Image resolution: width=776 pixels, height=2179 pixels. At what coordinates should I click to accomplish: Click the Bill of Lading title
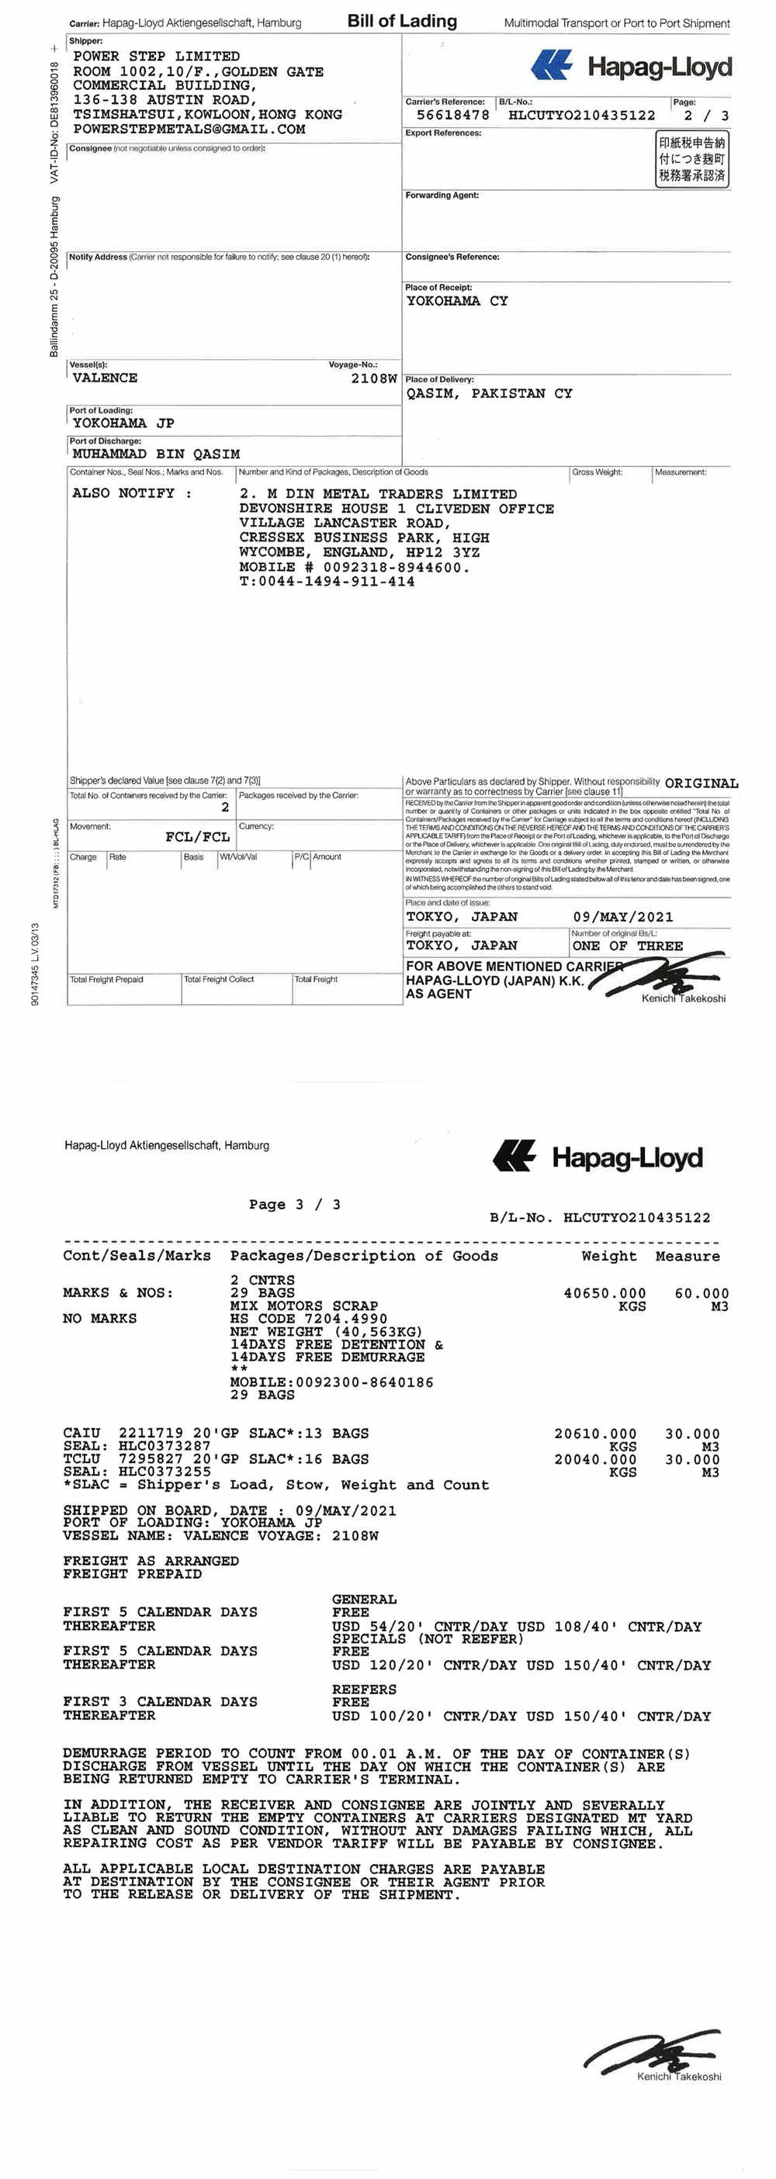(x=402, y=21)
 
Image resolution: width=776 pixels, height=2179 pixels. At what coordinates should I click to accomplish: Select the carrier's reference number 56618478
(x=452, y=115)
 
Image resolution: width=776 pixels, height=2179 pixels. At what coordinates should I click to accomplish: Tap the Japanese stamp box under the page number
(x=691, y=159)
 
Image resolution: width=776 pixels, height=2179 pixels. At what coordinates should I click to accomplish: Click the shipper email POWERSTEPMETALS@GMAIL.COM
(x=189, y=130)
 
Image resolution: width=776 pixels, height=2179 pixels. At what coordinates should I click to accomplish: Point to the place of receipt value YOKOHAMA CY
(x=457, y=301)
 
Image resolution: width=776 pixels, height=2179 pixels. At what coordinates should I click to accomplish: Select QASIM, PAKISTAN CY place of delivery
(x=489, y=393)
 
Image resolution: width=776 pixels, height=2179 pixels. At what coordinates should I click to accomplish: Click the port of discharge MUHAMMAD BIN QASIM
(x=156, y=455)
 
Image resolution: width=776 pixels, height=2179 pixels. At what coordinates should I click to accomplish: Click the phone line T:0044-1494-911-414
(x=327, y=582)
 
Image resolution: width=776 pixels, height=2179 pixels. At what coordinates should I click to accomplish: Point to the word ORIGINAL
(x=702, y=783)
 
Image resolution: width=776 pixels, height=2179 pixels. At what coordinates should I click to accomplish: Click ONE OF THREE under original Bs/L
(x=627, y=946)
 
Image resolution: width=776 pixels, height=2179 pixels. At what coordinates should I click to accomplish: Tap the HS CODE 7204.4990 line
(x=308, y=1319)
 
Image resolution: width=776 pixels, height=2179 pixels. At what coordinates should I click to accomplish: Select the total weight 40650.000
(x=605, y=1293)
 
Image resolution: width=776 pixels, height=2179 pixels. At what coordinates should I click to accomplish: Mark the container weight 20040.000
(x=595, y=1459)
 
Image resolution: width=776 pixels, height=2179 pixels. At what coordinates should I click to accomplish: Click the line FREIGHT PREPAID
(x=132, y=1574)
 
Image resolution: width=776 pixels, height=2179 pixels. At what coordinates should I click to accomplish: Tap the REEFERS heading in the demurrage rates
(x=364, y=1690)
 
